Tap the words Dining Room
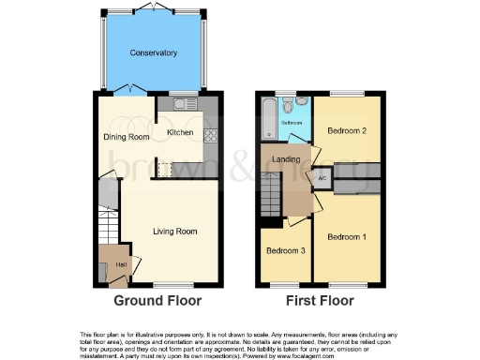tap(126, 138)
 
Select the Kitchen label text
tap(180, 133)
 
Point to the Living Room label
tap(175, 231)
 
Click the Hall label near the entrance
tap(121, 264)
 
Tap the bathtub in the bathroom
tap(270, 119)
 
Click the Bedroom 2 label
tap(347, 132)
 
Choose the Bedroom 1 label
tap(347, 237)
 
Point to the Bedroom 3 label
tap(285, 251)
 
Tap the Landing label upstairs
tap(286, 159)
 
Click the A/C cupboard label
tap(322, 176)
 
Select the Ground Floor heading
tap(157, 301)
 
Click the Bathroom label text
tap(292, 123)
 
